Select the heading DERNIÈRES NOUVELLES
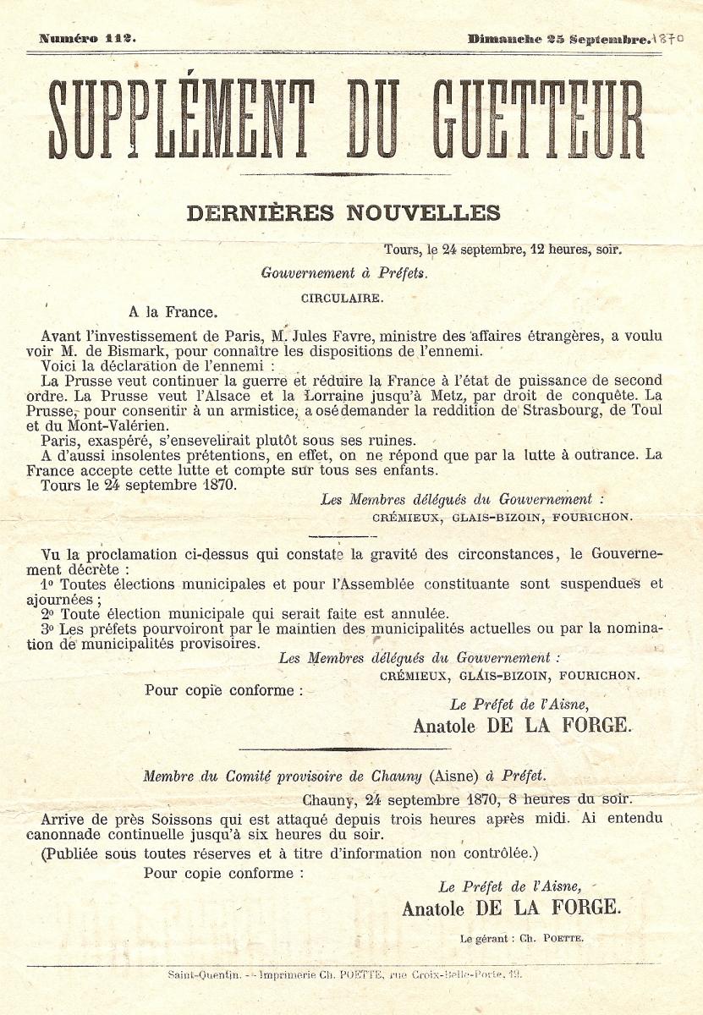pyautogui.click(x=343, y=213)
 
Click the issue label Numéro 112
pyautogui.click(x=87, y=39)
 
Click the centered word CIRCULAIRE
pyautogui.click(x=342, y=298)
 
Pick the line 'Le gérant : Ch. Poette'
pyautogui.click(x=522, y=938)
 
